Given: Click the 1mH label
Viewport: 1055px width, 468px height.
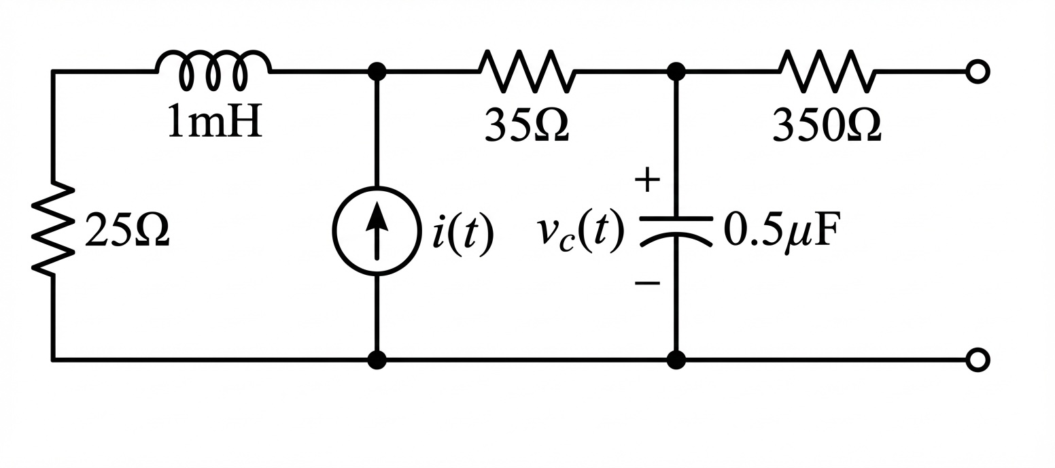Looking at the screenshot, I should pos(214,120).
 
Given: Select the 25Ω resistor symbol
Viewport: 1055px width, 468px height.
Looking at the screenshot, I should pos(52,228).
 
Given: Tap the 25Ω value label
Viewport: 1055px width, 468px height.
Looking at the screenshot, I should pos(126,230).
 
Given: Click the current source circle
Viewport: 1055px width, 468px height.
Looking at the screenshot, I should pos(377,231).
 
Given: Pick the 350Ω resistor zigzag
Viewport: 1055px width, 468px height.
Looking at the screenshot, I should pos(827,71).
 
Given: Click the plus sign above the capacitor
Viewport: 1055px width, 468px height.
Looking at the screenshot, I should pos(647,179).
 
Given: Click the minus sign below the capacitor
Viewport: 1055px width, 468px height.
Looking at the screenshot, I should pos(647,284).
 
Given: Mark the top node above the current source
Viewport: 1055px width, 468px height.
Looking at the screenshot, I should pos(377,71).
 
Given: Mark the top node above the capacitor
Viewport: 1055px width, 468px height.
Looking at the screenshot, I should pos(676,71).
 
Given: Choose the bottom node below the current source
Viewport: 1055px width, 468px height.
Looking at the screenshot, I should pos(377,360).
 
